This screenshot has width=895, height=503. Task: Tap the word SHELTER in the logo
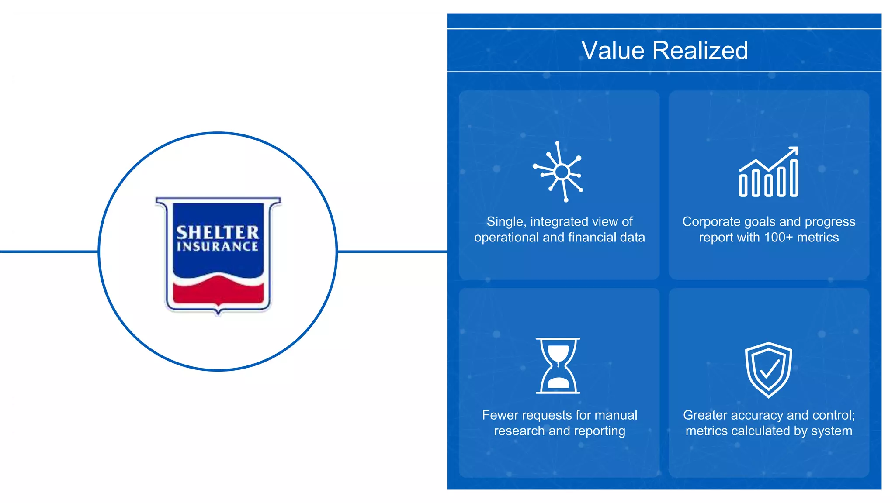pos(218,232)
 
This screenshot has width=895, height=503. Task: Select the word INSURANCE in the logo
pos(218,247)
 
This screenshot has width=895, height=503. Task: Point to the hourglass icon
pos(558,366)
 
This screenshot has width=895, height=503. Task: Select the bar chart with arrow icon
pos(769,172)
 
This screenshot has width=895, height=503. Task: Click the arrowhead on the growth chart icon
pos(794,151)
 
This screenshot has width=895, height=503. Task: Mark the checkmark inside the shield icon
pos(770,369)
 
